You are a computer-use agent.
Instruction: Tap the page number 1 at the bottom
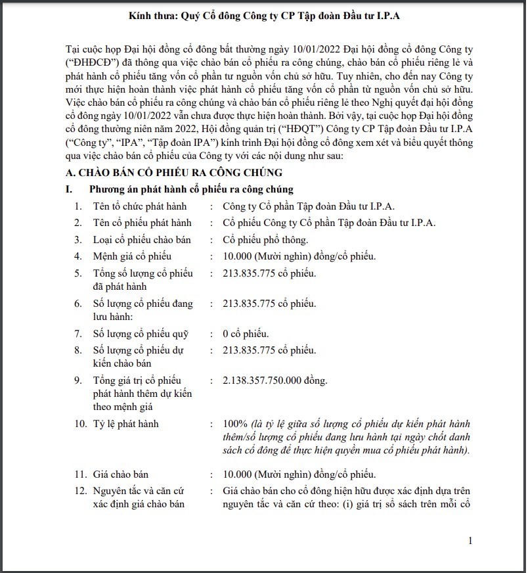point(470,540)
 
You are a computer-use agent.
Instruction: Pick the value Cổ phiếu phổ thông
point(265,240)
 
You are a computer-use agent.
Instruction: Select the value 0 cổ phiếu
point(246,333)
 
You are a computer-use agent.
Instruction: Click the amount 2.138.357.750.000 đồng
point(275,380)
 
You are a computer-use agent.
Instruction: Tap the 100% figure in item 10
point(234,424)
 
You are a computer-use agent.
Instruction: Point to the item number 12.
point(79,491)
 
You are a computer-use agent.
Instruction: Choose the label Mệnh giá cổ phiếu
point(132,256)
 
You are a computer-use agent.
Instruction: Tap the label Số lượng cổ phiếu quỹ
point(141,333)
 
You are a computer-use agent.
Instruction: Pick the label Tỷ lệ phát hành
point(125,424)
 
